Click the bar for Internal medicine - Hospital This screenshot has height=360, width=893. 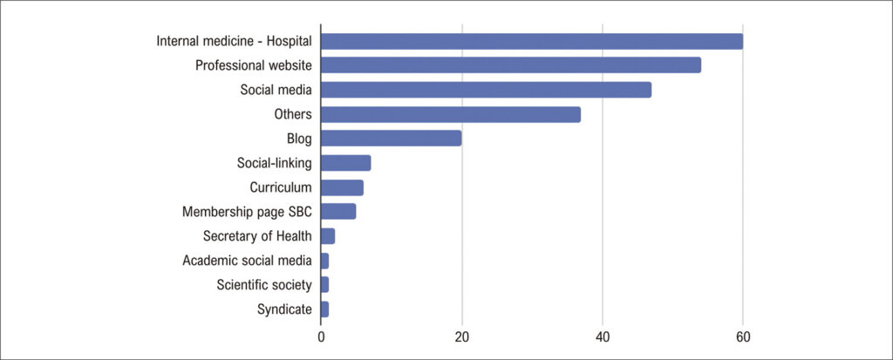pyautogui.click(x=532, y=42)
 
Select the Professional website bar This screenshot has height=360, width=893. pyautogui.click(x=511, y=65)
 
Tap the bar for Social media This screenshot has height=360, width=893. pyautogui.click(x=487, y=90)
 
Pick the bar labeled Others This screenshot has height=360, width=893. pyautogui.click(x=451, y=114)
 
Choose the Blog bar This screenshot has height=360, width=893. pyautogui.click(x=392, y=139)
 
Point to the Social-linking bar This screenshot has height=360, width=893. pyautogui.click(x=345, y=163)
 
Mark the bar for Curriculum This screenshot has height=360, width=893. pyautogui.click(x=342, y=187)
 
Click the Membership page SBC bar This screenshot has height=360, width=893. pyautogui.click(x=338, y=211)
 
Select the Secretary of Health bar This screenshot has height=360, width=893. pyautogui.click(x=328, y=236)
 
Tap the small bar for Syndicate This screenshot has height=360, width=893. pyautogui.click(x=324, y=309)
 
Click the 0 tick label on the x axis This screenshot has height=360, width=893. pyautogui.click(x=321, y=337)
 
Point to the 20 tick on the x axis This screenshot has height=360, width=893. pyautogui.click(x=462, y=337)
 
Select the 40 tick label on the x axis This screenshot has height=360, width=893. pyautogui.click(x=603, y=337)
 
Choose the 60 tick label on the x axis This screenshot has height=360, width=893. pyautogui.click(x=743, y=337)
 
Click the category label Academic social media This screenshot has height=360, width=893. pyautogui.click(x=247, y=261)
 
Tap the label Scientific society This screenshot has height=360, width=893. pyautogui.click(x=264, y=285)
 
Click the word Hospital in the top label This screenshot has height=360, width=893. pyautogui.click(x=290, y=42)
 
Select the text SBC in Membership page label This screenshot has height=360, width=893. pyautogui.click(x=300, y=212)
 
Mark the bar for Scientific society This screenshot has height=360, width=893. pyautogui.click(x=324, y=284)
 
